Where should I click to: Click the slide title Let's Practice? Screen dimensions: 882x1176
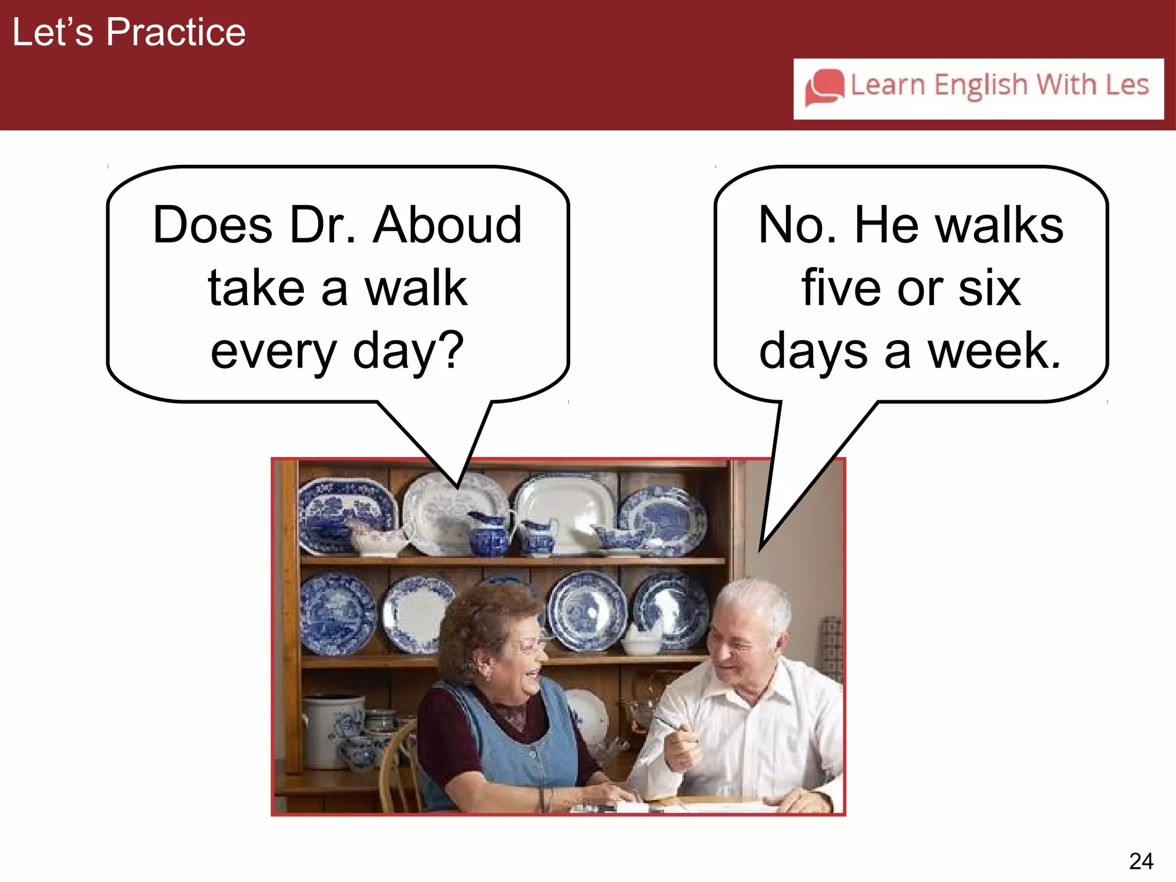[129, 32]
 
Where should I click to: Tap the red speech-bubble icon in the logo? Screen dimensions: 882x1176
[825, 87]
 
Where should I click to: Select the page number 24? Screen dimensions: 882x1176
[1140, 861]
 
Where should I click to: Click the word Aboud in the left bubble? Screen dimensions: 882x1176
[447, 225]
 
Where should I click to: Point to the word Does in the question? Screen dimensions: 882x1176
[212, 225]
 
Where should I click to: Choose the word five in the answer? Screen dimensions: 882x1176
[843, 288]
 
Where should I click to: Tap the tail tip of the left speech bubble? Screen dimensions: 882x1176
[458, 487]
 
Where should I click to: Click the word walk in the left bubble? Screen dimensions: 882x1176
[416, 288]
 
